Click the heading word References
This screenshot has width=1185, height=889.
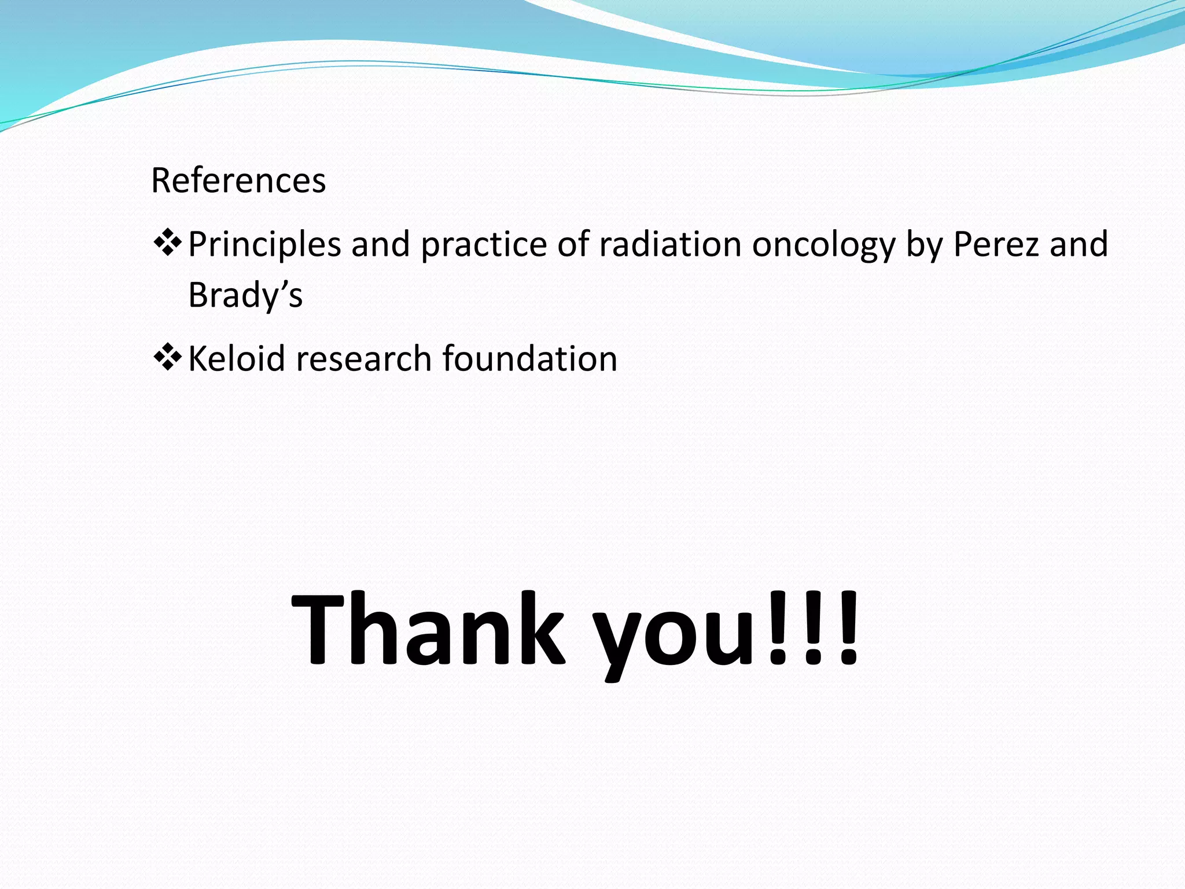pos(238,181)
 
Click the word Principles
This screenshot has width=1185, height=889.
pos(264,244)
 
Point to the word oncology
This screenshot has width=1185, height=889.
pos(823,244)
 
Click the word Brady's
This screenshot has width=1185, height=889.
pos(245,295)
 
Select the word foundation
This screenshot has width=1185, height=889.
pos(530,359)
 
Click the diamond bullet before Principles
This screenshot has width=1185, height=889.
pos(167,243)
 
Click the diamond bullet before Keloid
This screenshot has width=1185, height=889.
pos(167,357)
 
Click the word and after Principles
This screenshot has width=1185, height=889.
pos(380,244)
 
